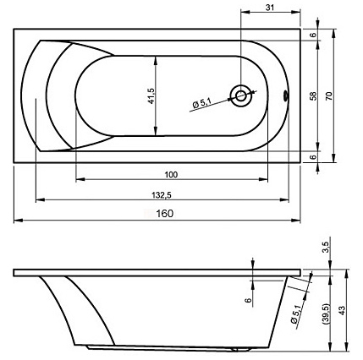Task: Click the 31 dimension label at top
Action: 270,8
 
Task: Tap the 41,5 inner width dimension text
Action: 151,95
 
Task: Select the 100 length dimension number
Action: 171,175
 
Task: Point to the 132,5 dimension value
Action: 162,195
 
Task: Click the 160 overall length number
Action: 165,214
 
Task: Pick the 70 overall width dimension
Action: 329,96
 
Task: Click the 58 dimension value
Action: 313,96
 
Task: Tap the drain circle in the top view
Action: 240,95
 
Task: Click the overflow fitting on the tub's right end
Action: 286,95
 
